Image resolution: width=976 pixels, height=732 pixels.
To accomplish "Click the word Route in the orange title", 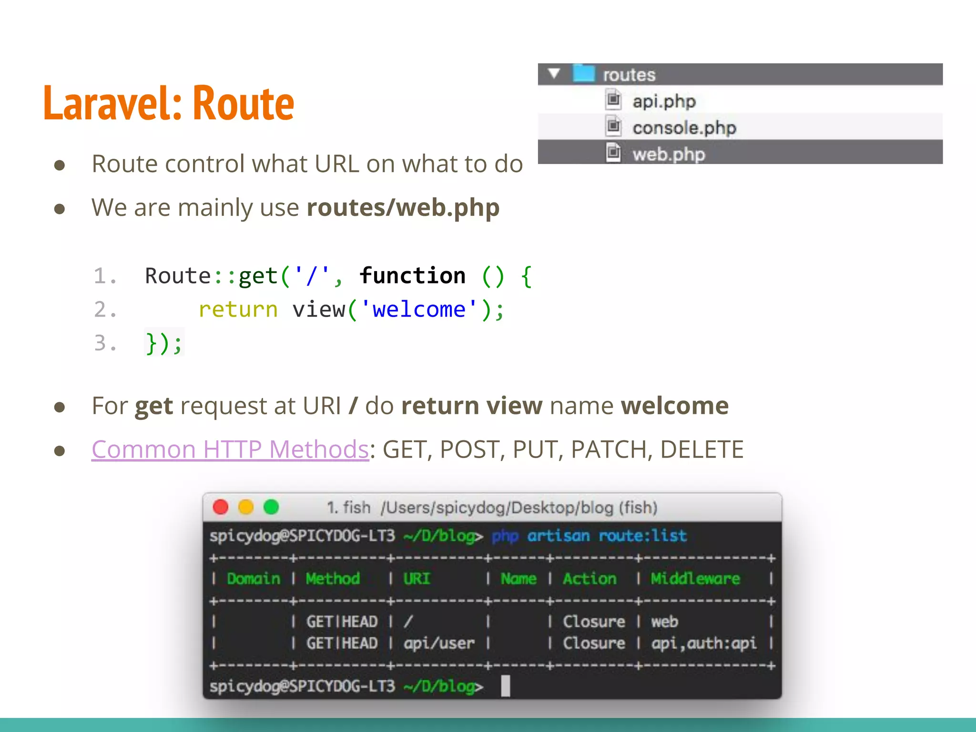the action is (244, 103).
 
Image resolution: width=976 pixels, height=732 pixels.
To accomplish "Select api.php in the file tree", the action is (663, 102).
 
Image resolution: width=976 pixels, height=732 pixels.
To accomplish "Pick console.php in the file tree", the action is (684, 128).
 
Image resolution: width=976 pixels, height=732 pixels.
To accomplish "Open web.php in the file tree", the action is (668, 154).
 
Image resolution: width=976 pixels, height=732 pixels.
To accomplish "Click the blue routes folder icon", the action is (583, 73).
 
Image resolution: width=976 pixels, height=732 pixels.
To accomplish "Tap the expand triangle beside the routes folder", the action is (554, 73).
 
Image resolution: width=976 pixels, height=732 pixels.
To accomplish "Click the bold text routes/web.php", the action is (403, 208).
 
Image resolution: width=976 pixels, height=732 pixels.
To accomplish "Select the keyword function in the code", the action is (412, 276).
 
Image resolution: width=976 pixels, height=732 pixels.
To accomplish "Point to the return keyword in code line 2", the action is (238, 310).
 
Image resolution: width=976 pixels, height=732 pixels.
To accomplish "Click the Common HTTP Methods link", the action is (230, 449).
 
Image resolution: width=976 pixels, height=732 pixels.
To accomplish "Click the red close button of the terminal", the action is (221, 507).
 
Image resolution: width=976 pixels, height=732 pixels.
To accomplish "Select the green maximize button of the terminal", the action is (271, 507).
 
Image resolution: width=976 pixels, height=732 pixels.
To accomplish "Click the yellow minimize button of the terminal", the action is (246, 507).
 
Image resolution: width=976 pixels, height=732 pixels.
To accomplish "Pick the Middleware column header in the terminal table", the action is (695, 579).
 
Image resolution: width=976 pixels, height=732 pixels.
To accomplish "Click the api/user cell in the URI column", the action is (439, 643).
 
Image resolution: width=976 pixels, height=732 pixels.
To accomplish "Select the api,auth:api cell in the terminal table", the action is (703, 643).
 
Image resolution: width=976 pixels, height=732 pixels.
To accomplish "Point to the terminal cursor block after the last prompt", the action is (505, 686).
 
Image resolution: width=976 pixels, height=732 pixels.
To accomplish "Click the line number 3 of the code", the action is (101, 343).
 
